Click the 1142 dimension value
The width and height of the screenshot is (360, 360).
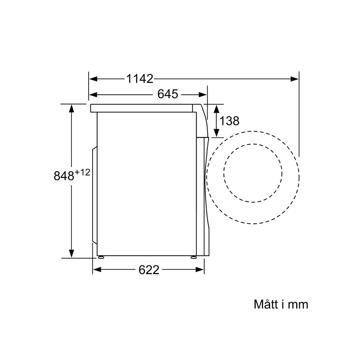coord(139,79)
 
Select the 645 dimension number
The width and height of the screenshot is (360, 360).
coord(168,94)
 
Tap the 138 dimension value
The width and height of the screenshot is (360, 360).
coord(229,121)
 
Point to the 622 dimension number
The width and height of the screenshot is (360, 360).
coord(149,270)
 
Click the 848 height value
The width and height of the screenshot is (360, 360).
coord(64,176)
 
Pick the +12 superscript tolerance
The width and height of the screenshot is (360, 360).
coord(82,172)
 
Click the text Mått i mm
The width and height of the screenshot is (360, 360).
coord(281,304)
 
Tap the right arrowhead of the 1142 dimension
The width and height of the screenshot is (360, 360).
coord(295,79)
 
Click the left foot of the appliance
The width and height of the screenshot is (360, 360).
coord(100,257)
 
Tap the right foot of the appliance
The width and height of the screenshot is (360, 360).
coord(193,257)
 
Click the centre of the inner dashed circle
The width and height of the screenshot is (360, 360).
coord(253,173)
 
